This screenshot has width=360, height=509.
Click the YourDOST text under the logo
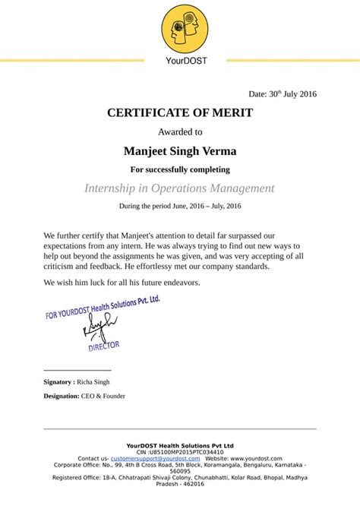[180, 61]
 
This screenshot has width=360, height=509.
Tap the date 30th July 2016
[282, 94]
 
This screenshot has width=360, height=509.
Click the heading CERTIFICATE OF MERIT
[180, 112]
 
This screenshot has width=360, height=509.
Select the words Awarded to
[180, 131]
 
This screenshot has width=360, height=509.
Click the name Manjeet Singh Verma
[180, 150]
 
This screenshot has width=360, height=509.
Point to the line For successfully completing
[180, 169]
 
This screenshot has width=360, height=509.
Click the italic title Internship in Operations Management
[180, 188]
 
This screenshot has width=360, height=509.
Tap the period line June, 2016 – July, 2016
[180, 206]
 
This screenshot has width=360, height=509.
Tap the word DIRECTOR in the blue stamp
[104, 346]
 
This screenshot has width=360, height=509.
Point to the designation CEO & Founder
[103, 396]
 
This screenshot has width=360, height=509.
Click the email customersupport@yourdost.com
[149, 459]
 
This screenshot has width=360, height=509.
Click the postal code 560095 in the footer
[180, 471]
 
